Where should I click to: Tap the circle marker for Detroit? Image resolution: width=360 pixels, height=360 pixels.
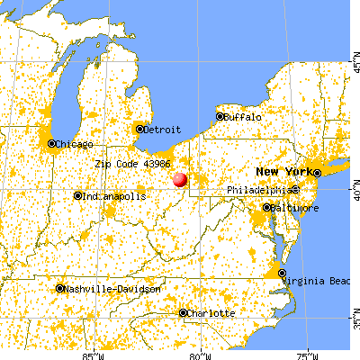coord(139,129)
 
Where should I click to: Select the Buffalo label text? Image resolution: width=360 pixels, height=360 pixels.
coord(244,117)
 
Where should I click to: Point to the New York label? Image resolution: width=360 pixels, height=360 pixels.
coord(282,171)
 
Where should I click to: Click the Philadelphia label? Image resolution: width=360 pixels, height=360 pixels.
coord(258,190)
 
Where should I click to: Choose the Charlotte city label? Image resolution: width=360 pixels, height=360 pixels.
coord(213,313)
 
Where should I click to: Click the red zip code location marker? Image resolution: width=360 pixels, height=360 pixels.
coord(180,179)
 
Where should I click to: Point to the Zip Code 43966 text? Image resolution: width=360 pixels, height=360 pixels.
coord(132,165)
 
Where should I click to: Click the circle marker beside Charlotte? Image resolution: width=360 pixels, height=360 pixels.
coord(183,313)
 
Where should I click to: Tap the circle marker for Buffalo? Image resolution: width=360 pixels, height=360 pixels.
coord(220,116)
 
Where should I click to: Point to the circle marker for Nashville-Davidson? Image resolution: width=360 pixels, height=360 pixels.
coord(60,289)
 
